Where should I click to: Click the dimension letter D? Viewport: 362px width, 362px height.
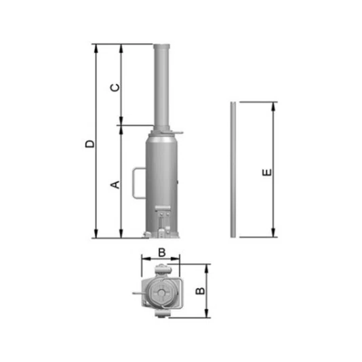[x=90, y=144]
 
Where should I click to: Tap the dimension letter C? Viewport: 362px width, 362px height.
[x=115, y=87]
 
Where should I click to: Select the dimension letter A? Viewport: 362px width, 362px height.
[x=115, y=184]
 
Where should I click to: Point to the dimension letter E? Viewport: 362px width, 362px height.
[x=267, y=172]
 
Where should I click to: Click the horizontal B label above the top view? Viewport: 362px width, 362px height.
[x=162, y=252]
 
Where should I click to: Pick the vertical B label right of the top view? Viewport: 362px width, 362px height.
[x=200, y=291]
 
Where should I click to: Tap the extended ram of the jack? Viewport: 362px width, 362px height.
[x=161, y=87]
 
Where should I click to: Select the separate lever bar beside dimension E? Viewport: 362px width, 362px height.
[x=233, y=169]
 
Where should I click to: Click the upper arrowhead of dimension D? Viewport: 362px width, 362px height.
[x=96, y=48]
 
